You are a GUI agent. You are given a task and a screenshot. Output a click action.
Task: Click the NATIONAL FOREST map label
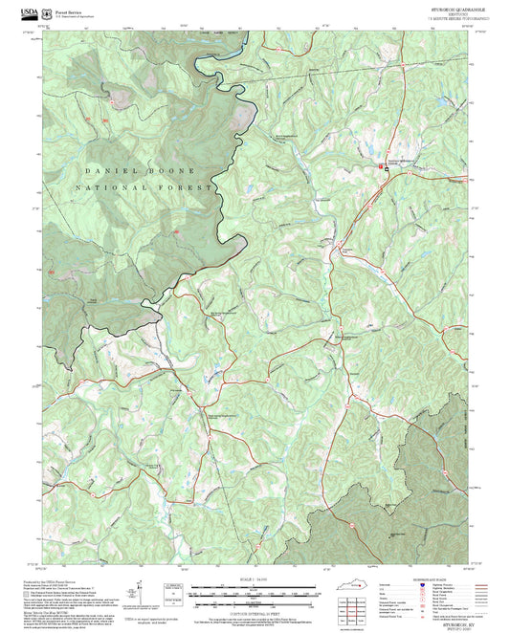pyautogui.click(x=144, y=188)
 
